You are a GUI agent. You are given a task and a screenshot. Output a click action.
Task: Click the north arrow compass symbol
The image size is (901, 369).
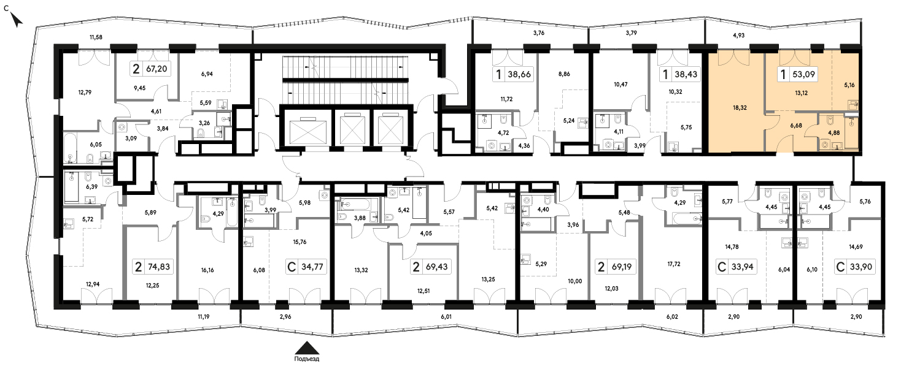[x=17, y=20]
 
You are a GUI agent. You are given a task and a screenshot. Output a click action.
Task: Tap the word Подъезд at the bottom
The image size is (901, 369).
[x=306, y=359]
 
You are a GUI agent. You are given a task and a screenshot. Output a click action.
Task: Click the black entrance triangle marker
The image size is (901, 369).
[x=307, y=348]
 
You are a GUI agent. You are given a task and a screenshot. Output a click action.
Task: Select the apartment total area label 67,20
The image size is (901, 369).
[x=157, y=69]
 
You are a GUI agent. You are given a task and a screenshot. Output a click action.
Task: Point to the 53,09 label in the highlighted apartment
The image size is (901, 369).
[x=803, y=74]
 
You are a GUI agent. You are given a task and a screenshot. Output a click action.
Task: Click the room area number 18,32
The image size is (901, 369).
[x=740, y=108]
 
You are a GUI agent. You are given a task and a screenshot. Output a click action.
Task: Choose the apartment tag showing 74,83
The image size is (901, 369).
[x=159, y=267]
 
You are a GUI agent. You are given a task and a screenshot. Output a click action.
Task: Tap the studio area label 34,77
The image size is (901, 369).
[x=312, y=267]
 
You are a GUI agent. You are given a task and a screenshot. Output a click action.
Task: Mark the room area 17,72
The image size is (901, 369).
[x=674, y=264]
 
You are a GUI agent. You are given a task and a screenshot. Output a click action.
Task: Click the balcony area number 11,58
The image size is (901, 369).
[x=96, y=37]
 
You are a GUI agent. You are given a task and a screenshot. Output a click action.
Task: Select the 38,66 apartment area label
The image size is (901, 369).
[x=519, y=74]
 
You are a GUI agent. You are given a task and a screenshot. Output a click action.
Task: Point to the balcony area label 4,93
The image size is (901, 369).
[x=738, y=36]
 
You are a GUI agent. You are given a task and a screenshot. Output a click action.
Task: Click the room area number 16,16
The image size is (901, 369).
[x=207, y=270]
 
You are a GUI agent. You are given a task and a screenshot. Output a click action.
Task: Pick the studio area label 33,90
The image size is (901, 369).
[x=860, y=267]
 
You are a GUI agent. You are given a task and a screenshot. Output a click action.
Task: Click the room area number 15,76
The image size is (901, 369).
[x=300, y=242]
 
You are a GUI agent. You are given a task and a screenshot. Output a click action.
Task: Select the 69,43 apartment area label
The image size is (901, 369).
[x=436, y=267]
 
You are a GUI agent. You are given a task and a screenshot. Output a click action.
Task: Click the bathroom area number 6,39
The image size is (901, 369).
[x=91, y=187]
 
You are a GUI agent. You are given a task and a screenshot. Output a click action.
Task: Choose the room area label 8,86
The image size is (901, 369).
[x=564, y=74]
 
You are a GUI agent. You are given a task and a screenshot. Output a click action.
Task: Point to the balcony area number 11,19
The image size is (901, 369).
[x=204, y=317]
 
